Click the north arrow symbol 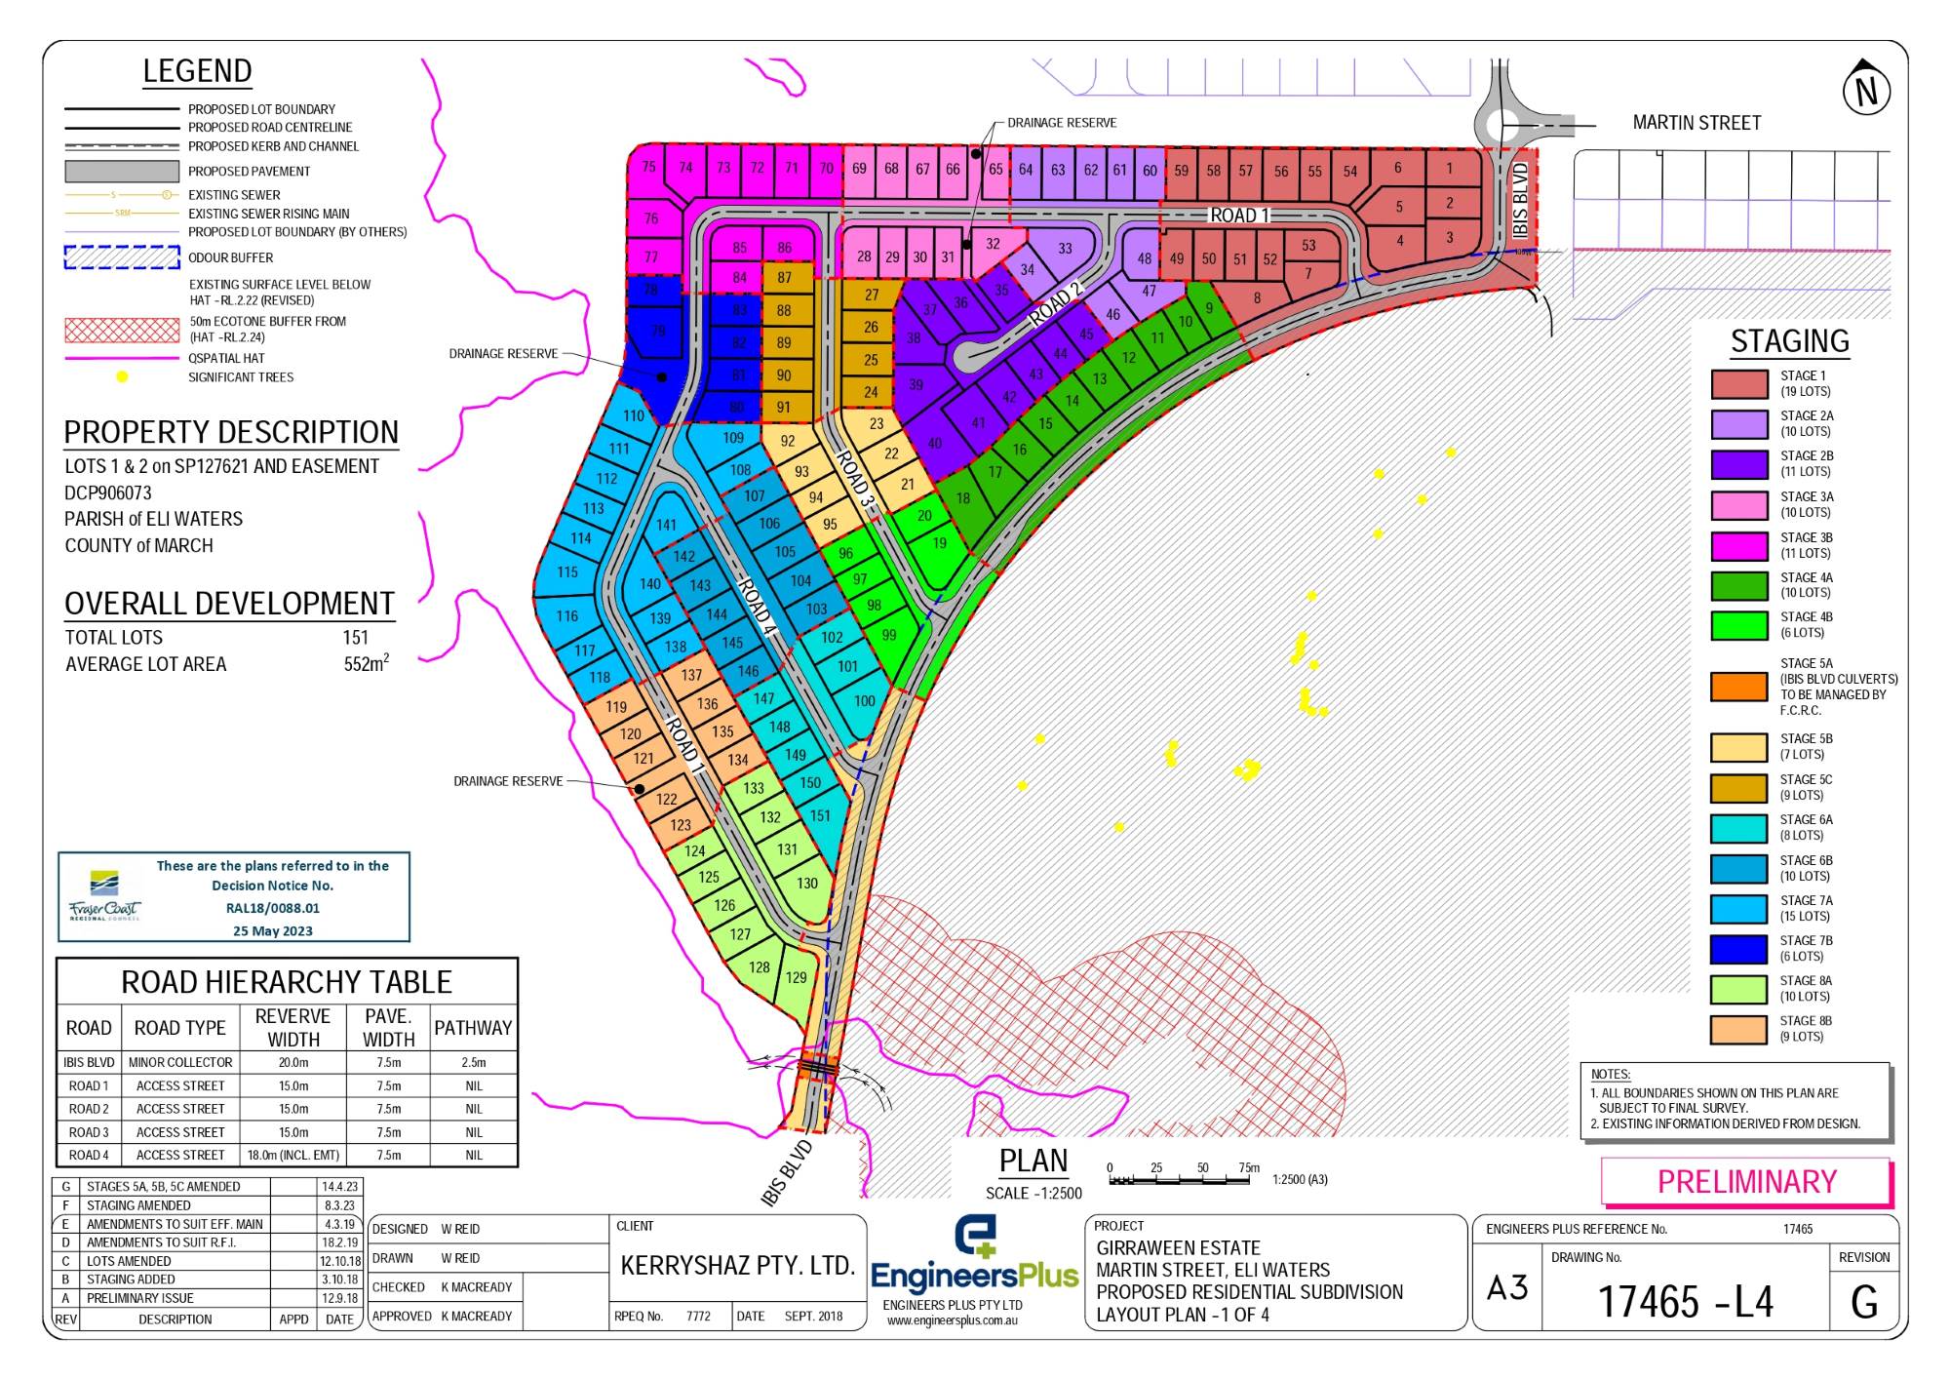[x=1866, y=90]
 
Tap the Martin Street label [x=1696, y=123]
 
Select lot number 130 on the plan [x=807, y=884]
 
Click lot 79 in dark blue [x=658, y=332]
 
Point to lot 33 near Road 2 [x=1065, y=249]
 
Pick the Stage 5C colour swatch [x=1738, y=787]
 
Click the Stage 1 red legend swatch [x=1738, y=383]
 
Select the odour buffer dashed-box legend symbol [x=122, y=257]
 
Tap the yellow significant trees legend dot [x=122, y=376]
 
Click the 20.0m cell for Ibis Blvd [x=292, y=1062]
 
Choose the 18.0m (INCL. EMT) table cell [x=293, y=1155]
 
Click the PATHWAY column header [x=473, y=1028]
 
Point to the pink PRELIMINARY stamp [x=1746, y=1181]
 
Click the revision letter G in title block [x=1863, y=1302]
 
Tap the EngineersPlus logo [x=973, y=1258]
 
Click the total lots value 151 [x=356, y=638]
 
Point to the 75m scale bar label [x=1249, y=1167]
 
